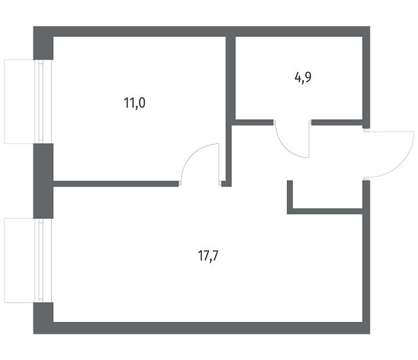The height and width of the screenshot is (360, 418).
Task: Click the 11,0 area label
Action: (134, 103)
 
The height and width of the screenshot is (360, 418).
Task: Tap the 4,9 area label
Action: (303, 78)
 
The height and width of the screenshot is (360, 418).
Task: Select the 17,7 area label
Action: (208, 256)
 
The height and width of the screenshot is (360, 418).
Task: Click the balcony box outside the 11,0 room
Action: (19, 101)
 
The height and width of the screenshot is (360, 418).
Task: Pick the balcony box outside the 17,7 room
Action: (19, 261)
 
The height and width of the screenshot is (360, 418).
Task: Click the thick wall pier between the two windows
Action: (43, 181)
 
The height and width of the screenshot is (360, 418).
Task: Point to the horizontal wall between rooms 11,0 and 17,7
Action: (116, 183)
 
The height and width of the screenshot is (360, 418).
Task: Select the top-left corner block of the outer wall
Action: (43, 43)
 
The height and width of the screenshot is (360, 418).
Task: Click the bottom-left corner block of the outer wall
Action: (43, 318)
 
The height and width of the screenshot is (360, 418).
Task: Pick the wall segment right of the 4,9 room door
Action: (337, 122)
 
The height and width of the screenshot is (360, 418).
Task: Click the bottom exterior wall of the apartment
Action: (202, 328)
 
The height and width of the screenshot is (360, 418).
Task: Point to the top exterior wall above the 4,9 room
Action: (299, 31)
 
